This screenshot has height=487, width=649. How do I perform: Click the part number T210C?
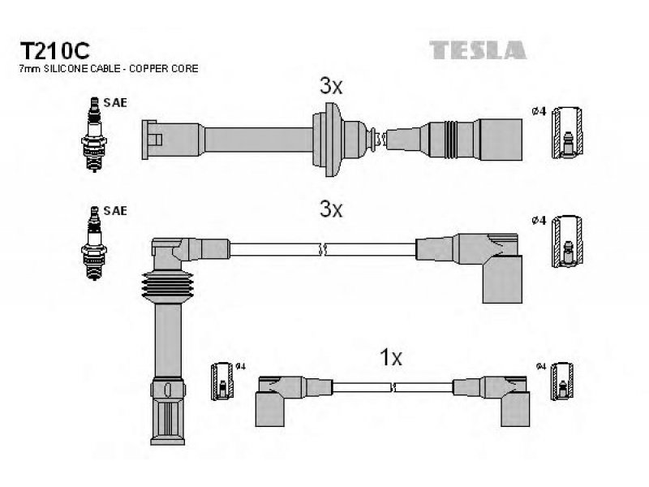point(54,51)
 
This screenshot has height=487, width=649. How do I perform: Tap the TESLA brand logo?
point(478,50)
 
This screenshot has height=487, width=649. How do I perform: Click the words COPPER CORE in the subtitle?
point(164,69)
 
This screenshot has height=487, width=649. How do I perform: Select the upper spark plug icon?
point(94,135)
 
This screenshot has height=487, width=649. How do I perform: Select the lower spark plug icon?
point(94,243)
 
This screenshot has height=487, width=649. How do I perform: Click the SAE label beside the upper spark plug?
point(115,102)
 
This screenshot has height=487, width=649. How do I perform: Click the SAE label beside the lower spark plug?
point(115,211)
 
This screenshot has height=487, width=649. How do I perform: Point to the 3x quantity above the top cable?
point(331,86)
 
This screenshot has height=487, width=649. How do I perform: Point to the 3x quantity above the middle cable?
point(331,209)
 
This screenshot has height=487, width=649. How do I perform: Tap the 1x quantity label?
point(391,357)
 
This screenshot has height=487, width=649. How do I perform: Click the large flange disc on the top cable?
point(328,139)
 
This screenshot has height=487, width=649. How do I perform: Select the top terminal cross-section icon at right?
point(567,132)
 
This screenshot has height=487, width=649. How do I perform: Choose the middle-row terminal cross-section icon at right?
point(567,241)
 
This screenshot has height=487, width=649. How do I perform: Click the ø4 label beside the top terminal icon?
point(539,111)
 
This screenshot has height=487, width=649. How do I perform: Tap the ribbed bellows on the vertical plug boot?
point(167,287)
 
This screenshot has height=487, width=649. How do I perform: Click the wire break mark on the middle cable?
point(323,249)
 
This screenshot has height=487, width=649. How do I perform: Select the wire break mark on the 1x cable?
point(393,388)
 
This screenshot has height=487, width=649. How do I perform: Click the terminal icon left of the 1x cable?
point(221,381)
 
